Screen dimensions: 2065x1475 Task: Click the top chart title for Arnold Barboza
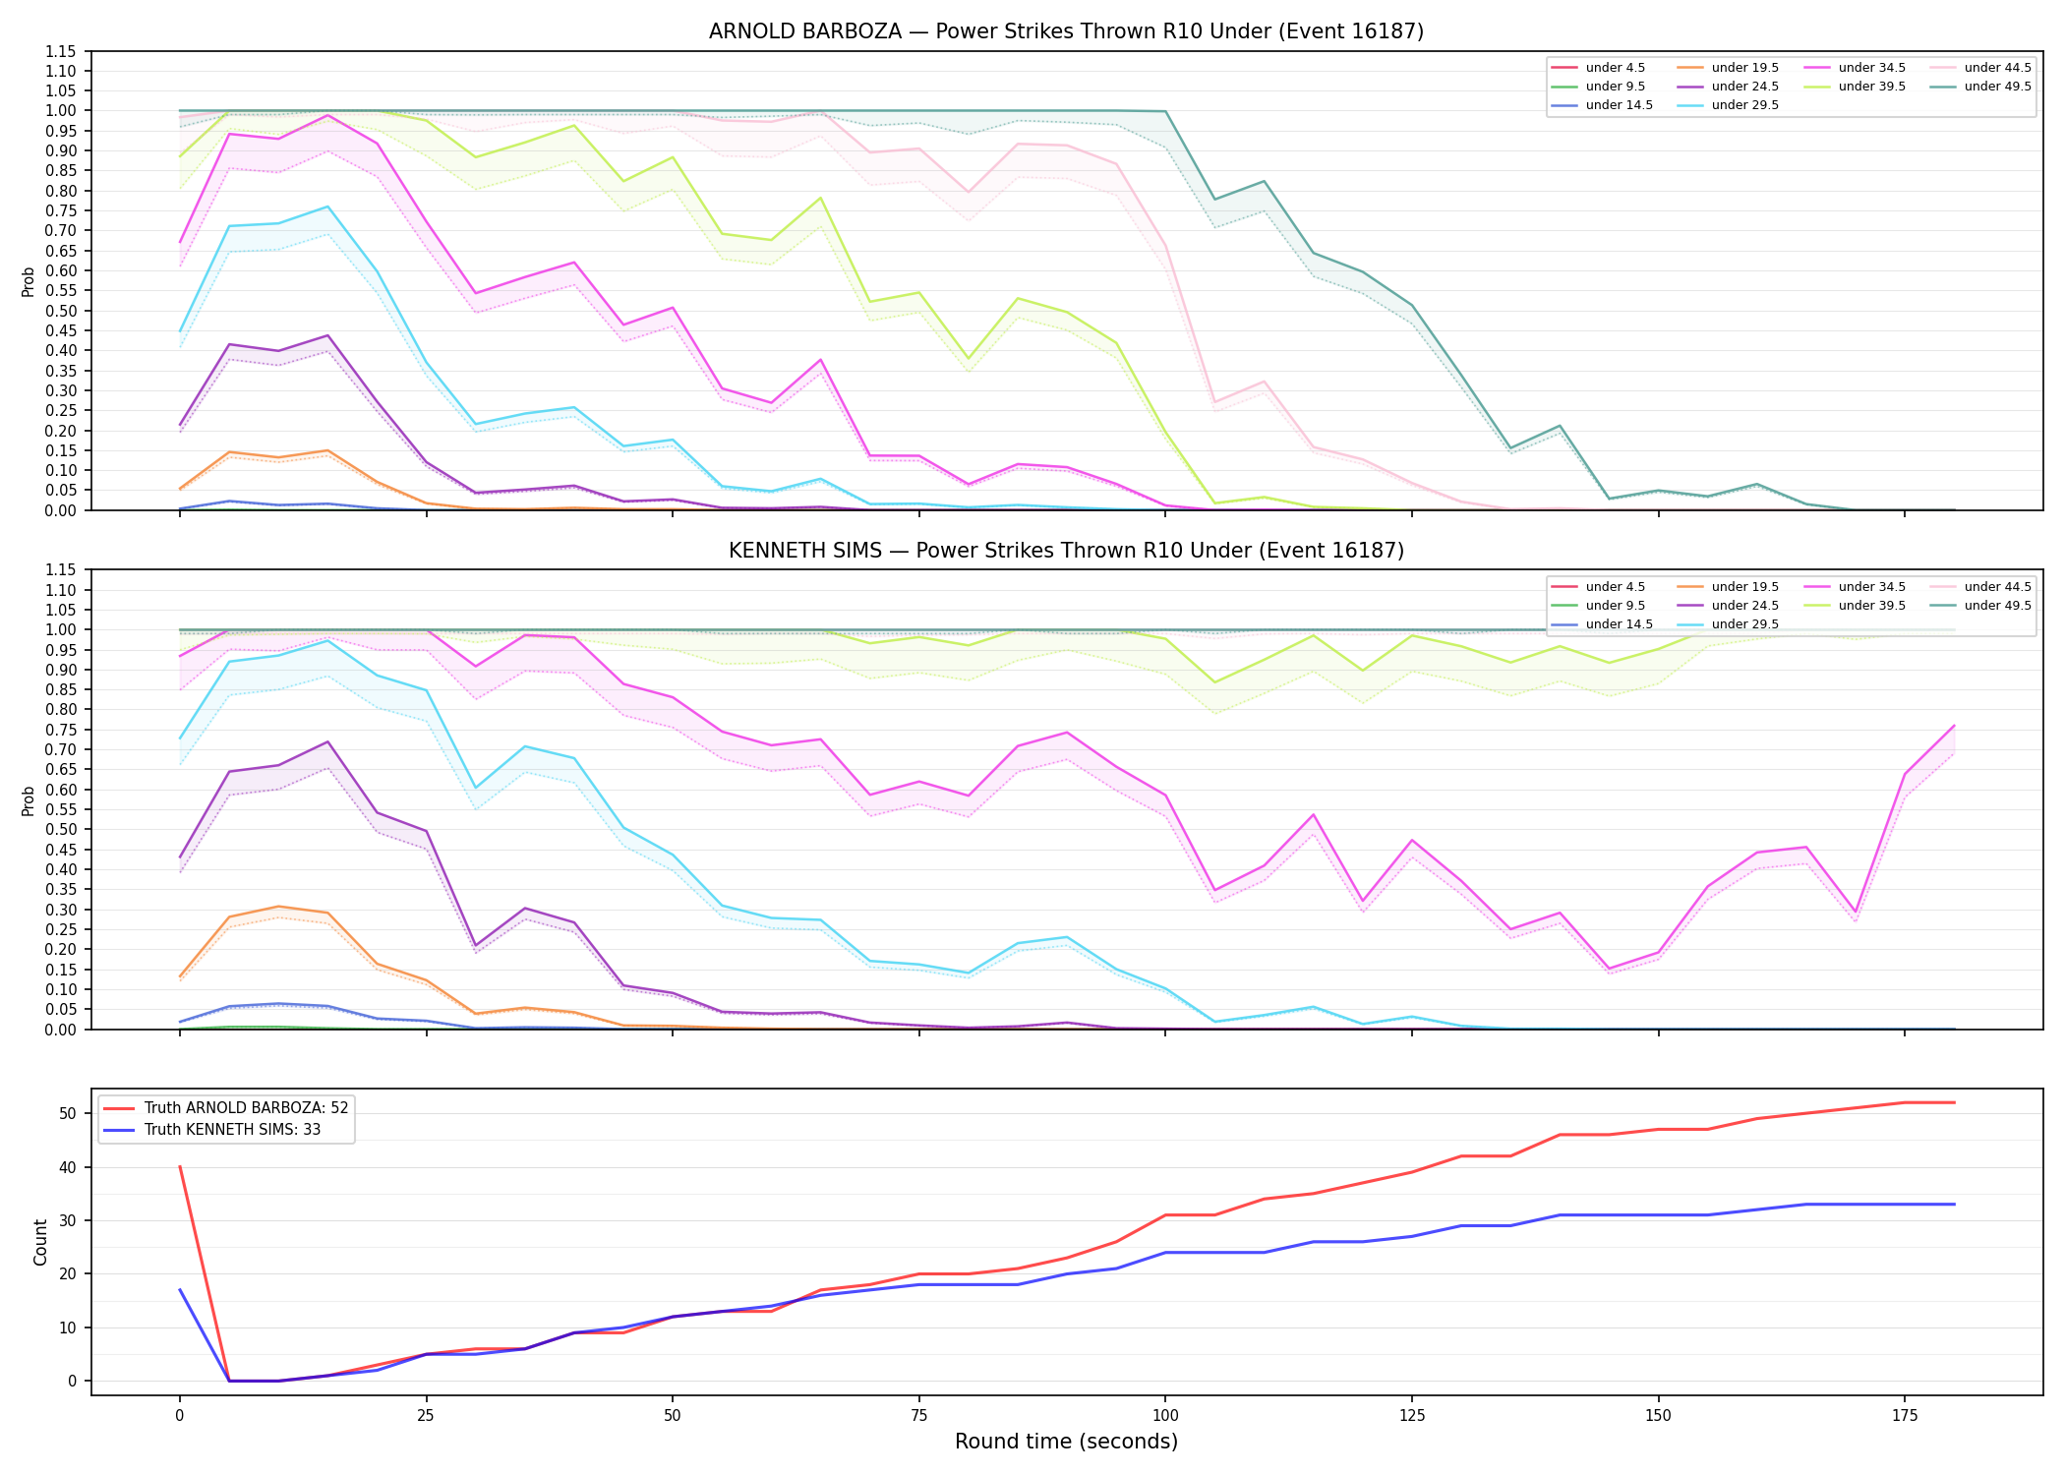click(1066, 31)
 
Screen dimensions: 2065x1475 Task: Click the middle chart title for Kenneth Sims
click(1066, 551)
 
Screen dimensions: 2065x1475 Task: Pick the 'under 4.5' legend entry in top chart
click(1599, 68)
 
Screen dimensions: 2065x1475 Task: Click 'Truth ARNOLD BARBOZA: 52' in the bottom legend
click(225, 1108)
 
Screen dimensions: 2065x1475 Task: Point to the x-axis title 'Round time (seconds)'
click(1066, 1442)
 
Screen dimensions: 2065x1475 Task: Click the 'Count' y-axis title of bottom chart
click(40, 1242)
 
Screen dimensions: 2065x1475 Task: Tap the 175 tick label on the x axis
click(1905, 1416)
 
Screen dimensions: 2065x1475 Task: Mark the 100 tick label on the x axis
click(1165, 1416)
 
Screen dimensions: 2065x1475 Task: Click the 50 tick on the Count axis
click(68, 1113)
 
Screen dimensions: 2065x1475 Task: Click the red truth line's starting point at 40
click(179, 1166)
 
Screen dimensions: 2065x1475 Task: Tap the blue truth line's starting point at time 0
click(179, 1290)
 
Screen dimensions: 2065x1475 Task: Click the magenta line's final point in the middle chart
click(1954, 726)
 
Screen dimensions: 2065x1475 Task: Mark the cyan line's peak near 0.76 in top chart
click(327, 206)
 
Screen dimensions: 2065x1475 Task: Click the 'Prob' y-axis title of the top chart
click(29, 281)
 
